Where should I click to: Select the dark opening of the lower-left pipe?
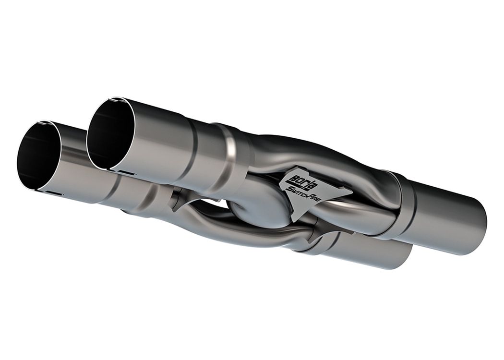pyautogui.click(x=37, y=158)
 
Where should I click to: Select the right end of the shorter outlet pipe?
pyautogui.click(x=408, y=254)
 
